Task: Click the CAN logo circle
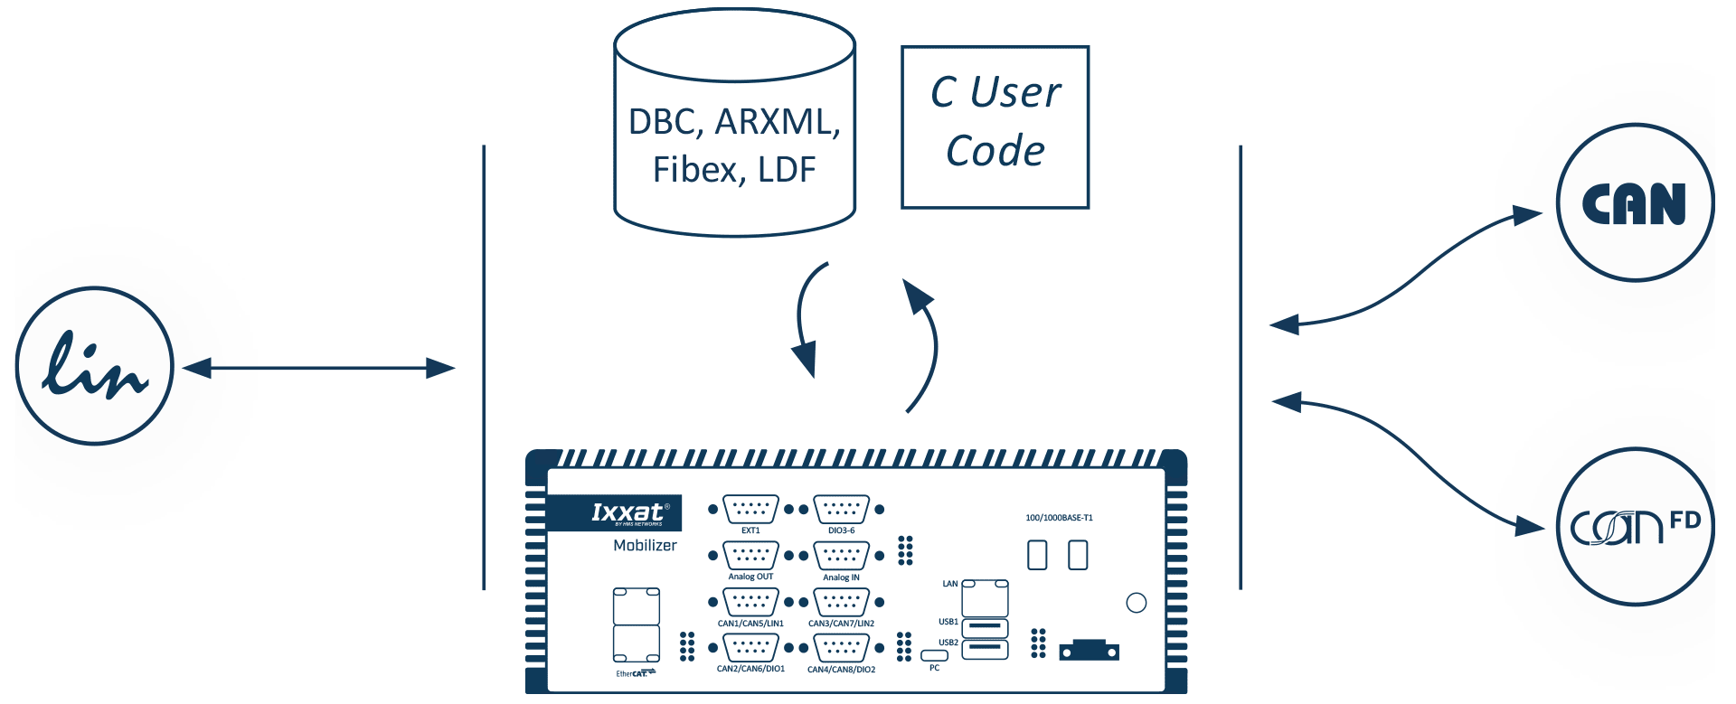(1635, 202)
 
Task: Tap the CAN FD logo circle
(1635, 528)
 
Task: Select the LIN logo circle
(95, 366)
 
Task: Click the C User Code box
(995, 127)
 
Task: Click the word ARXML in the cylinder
(777, 122)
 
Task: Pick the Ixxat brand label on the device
(626, 512)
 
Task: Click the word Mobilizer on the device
(645, 545)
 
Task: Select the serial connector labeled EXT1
(750, 510)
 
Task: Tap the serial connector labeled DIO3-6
(841, 510)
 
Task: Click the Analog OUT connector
(750, 555)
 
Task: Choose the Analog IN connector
(841, 555)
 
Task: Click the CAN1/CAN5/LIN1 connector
(750, 602)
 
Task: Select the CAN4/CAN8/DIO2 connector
(841, 648)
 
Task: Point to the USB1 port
(985, 625)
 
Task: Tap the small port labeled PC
(934, 654)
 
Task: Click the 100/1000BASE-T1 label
(1059, 518)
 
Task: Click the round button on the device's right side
(1137, 603)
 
